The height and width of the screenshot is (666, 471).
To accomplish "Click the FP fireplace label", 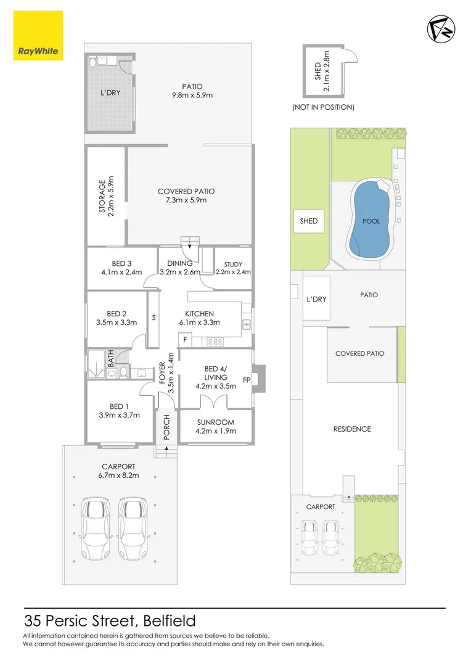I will click(247, 380).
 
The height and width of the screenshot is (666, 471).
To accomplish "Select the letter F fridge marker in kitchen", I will click(184, 340).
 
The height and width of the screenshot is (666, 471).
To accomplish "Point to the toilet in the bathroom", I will click(123, 372).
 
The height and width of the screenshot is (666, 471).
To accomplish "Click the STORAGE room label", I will click(106, 194).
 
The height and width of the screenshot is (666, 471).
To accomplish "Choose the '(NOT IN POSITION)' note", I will click(323, 107).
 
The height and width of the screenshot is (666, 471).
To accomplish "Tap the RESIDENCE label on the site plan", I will click(352, 429).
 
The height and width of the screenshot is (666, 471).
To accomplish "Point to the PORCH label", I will click(166, 427).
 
